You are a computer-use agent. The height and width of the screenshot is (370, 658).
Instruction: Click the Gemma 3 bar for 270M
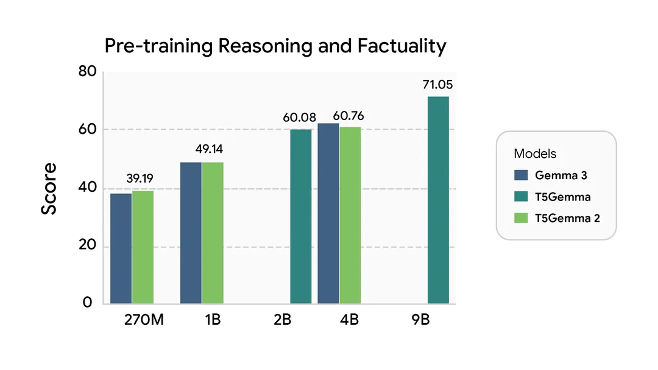click(x=121, y=248)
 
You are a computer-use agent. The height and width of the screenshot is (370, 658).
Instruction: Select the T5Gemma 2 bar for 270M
click(x=143, y=247)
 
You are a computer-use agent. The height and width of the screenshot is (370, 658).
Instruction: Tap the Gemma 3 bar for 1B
click(x=191, y=233)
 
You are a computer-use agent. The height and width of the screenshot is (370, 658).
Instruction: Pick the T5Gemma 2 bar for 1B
click(x=213, y=233)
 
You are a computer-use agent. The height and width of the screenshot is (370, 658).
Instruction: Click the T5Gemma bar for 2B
click(x=300, y=216)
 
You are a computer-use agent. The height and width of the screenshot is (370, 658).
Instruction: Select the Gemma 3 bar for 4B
click(x=328, y=213)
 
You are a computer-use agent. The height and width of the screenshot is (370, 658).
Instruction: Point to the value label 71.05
click(x=438, y=85)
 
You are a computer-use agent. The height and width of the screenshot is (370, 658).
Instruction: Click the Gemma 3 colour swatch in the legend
click(x=521, y=175)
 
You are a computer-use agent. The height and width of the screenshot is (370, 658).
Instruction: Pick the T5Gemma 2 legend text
click(x=567, y=218)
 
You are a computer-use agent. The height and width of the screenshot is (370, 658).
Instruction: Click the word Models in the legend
click(x=535, y=154)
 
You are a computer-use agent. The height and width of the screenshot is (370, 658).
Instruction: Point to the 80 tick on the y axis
click(x=88, y=72)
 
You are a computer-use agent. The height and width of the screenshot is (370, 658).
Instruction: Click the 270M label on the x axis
click(x=143, y=320)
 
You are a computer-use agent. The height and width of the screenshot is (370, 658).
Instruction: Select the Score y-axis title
click(x=49, y=188)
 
